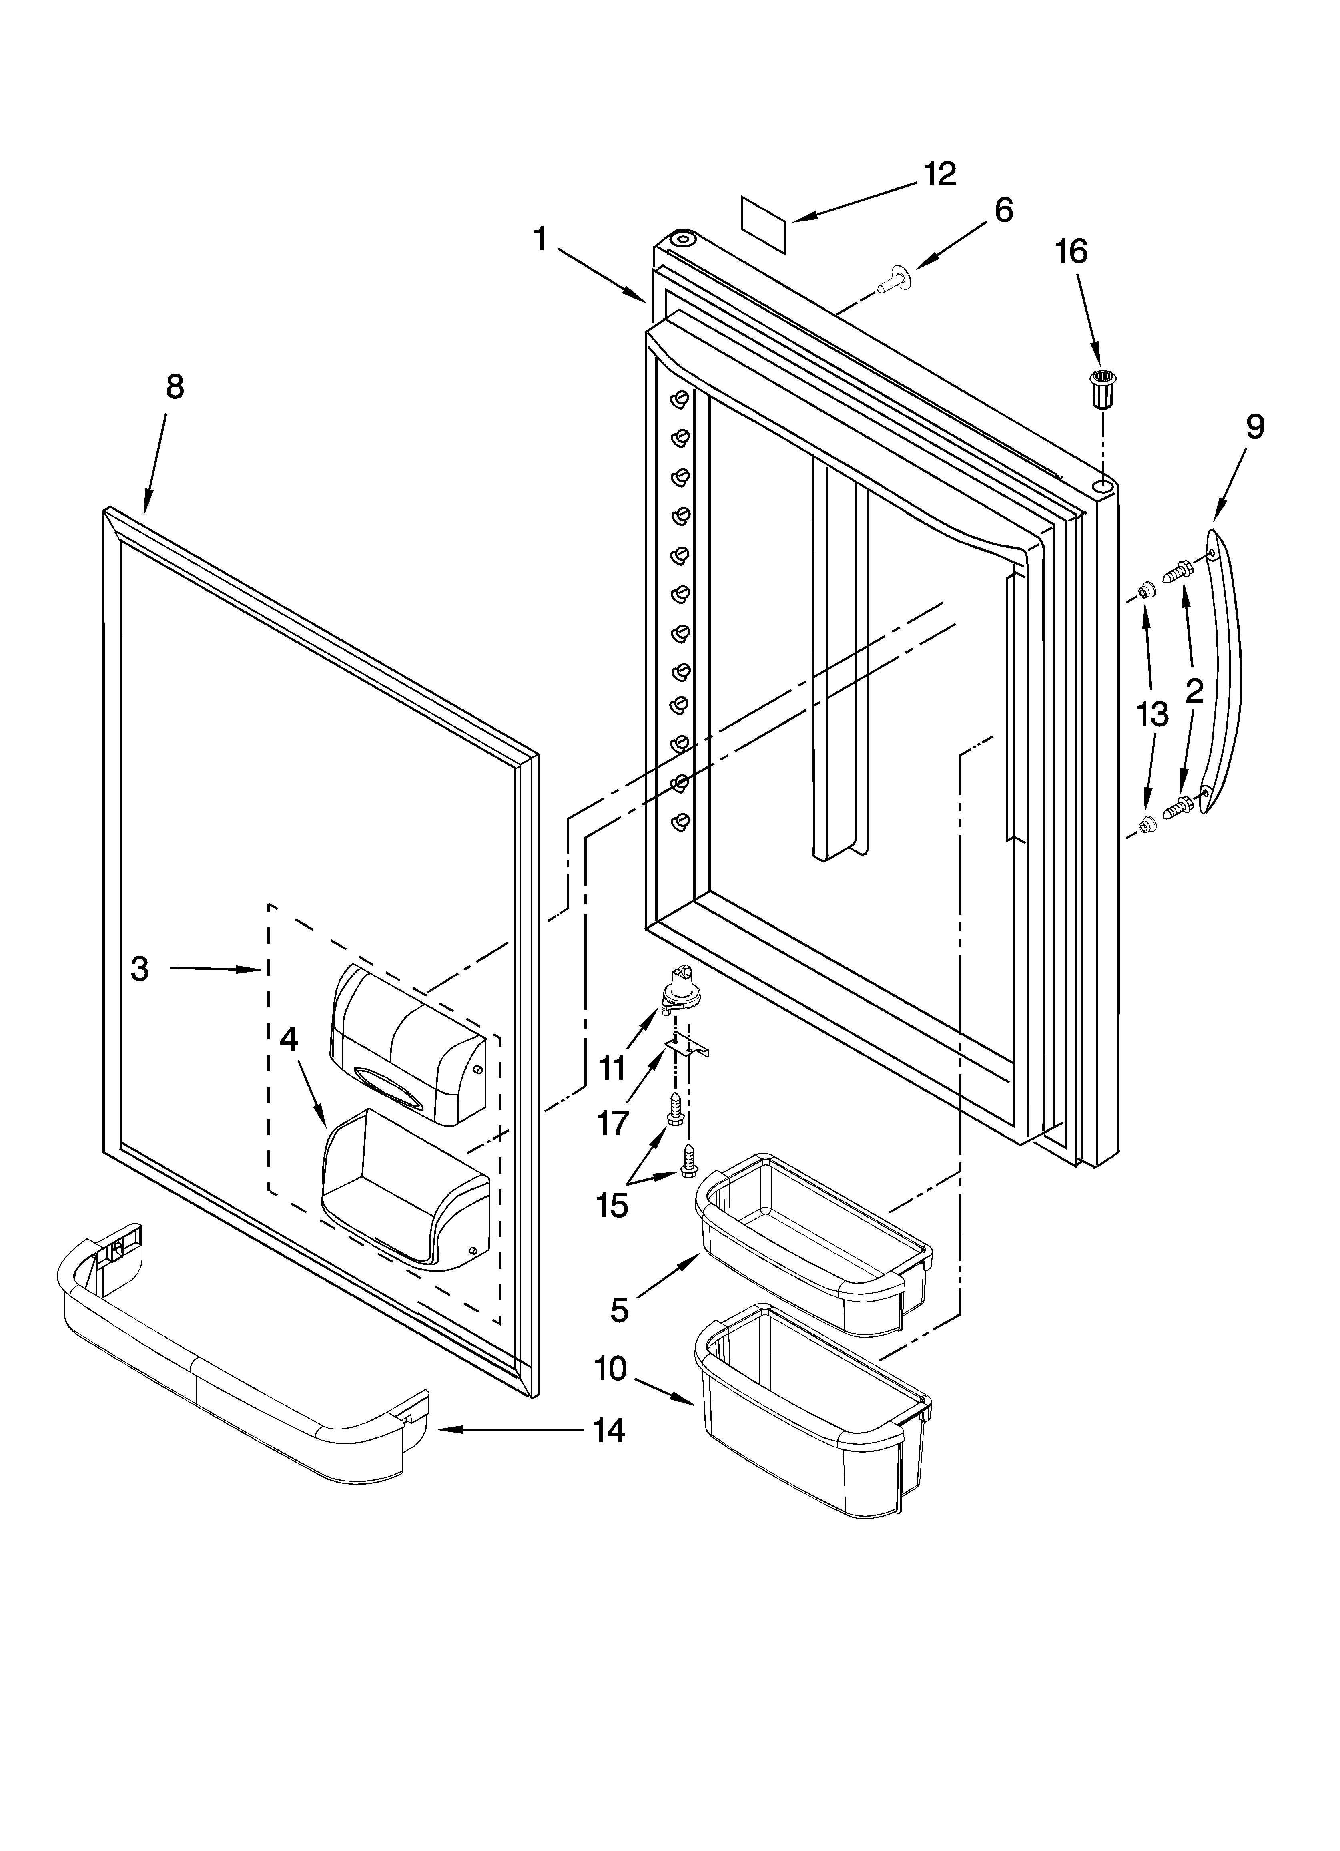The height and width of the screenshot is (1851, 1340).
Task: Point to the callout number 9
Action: (x=1255, y=427)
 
